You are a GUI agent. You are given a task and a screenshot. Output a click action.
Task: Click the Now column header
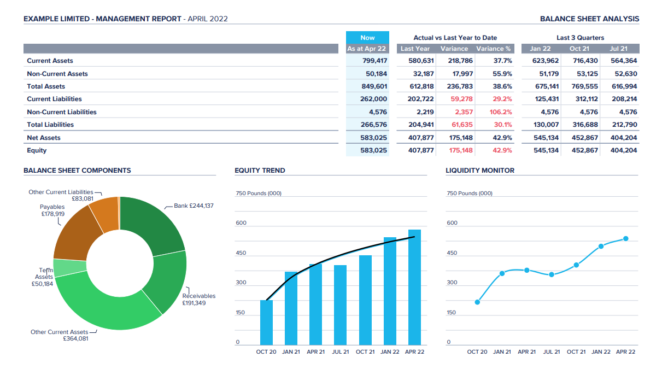[x=367, y=38]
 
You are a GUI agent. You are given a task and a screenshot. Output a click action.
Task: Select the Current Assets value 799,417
[x=374, y=61]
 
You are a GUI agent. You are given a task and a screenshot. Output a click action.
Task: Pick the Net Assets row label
[x=44, y=138]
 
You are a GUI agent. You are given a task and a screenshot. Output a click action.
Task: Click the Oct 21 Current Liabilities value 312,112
[x=585, y=99]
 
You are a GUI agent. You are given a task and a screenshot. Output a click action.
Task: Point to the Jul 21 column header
[x=619, y=49]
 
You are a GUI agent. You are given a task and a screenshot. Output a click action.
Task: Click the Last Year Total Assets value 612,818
[x=421, y=86]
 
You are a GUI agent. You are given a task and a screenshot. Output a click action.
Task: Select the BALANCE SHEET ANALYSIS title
[x=589, y=19]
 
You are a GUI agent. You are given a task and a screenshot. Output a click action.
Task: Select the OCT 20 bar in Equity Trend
[x=266, y=323]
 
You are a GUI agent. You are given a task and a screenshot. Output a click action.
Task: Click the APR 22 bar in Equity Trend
[x=414, y=290]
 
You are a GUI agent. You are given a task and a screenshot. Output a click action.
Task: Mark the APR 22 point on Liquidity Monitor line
[x=625, y=238]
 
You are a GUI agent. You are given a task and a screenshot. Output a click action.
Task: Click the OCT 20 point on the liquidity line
[x=477, y=302]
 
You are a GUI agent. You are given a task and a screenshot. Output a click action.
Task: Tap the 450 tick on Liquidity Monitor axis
[x=452, y=253]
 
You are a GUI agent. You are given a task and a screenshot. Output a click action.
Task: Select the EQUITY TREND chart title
[x=260, y=171]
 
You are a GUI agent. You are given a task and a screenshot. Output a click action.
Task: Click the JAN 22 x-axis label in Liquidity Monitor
[x=601, y=352]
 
